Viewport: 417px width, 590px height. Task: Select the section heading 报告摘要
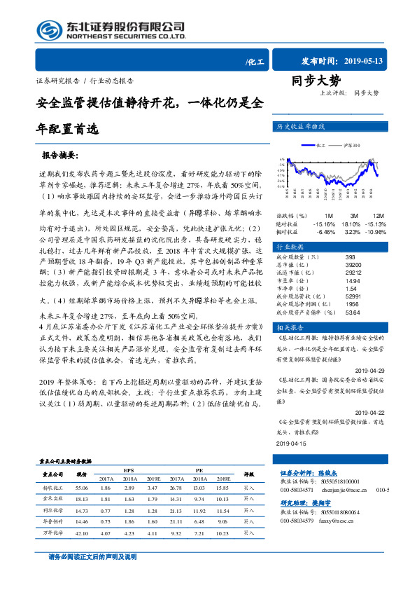[x=60, y=154]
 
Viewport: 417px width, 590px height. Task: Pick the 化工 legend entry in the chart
[x=322, y=146]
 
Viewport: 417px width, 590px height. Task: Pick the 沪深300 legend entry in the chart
[x=352, y=146]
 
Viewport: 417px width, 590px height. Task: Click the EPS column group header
[x=129, y=469]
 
